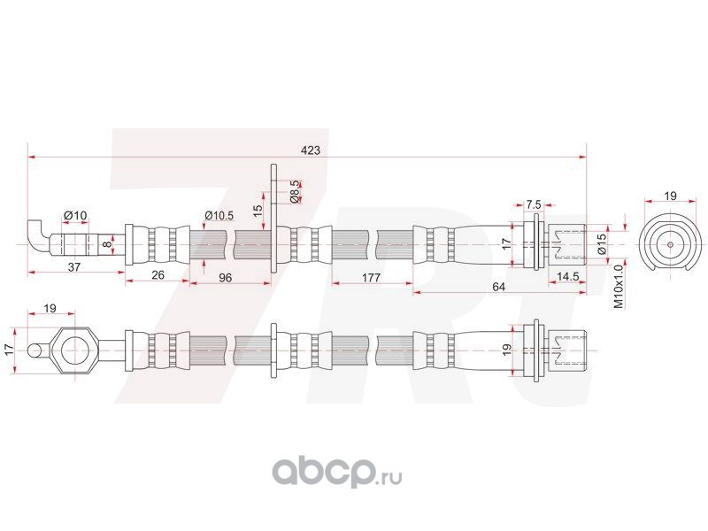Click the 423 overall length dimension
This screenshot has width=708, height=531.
tap(310, 150)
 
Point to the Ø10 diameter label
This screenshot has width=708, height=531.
tap(75, 215)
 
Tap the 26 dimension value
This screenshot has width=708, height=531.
tap(158, 275)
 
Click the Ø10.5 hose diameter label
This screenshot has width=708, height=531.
tap(219, 215)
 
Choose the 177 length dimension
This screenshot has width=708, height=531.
tap(372, 277)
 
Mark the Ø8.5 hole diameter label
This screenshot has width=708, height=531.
tap(295, 189)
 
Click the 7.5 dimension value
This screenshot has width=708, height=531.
tap(533, 204)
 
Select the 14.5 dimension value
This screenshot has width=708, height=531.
tap(568, 276)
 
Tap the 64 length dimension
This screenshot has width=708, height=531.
tap(498, 286)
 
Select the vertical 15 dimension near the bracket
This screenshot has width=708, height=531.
tap(257, 211)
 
